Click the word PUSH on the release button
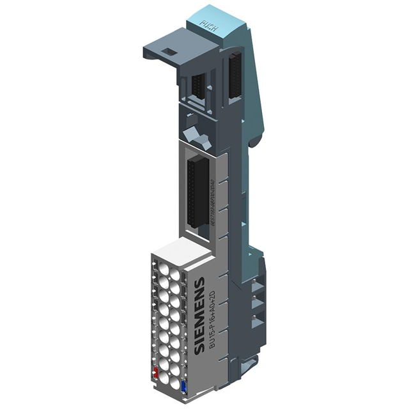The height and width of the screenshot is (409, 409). pos(209,25)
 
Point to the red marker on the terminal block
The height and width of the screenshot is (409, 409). pos(155,373)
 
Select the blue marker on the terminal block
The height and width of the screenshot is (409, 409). pos(185,385)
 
